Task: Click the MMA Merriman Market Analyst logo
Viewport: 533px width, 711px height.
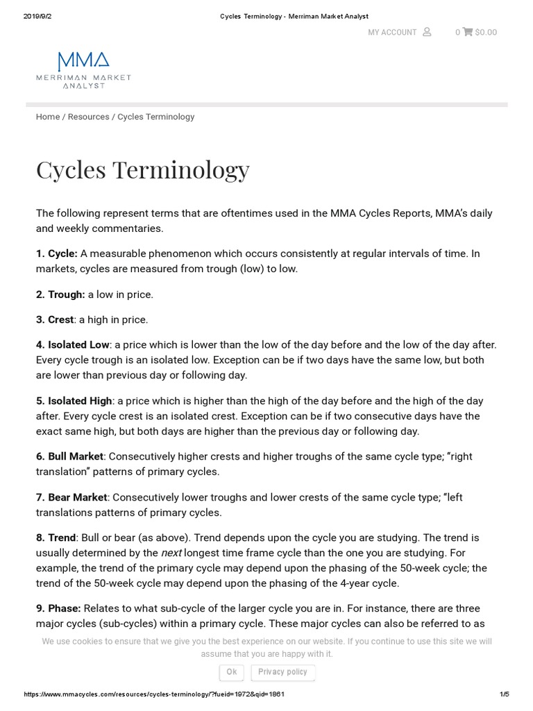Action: pos(83,69)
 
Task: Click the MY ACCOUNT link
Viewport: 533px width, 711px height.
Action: pos(392,32)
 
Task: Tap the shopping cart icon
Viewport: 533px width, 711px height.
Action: pos(468,32)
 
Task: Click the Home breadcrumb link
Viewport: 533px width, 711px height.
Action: pos(48,117)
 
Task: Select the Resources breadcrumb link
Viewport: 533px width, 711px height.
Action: pos(88,117)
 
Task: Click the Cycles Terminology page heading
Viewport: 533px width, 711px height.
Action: pos(142,169)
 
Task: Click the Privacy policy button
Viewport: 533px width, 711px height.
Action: pos(282,672)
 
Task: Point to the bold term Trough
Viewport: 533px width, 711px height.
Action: pos(66,294)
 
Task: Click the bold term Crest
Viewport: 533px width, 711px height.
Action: pos(60,319)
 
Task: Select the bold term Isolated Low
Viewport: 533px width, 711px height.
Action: pos(78,344)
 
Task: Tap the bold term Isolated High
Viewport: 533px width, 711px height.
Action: pos(80,401)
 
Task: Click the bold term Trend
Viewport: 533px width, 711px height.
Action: pos(61,537)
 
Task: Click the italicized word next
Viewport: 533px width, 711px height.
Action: pos(171,553)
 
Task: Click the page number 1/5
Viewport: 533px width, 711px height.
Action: pos(504,694)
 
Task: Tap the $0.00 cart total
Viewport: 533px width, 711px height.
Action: pos(486,32)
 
